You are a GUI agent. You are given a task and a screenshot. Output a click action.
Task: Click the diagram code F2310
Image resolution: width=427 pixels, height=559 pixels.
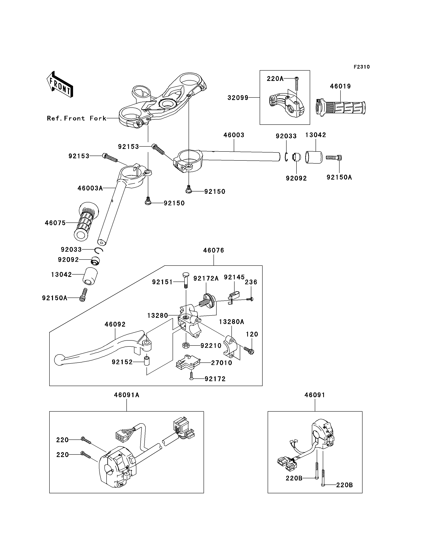point(362,67)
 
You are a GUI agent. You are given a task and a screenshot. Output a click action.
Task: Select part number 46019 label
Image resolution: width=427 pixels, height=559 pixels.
point(340,86)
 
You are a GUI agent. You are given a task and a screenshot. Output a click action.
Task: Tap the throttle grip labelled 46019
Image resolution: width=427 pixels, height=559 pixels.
point(341,108)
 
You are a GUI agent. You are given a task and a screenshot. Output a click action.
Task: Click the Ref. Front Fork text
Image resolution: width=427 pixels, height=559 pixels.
point(77,118)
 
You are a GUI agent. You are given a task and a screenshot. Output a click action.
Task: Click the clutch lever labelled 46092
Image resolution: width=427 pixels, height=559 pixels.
point(103,348)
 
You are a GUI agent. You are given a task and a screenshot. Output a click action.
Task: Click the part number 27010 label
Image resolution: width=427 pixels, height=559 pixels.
point(222,363)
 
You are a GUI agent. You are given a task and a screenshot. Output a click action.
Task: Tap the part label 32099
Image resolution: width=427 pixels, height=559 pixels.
point(238,98)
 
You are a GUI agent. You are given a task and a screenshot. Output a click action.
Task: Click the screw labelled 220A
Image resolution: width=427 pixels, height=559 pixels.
point(296,84)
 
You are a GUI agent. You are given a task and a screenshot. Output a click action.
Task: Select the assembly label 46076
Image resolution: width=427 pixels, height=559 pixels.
point(213,250)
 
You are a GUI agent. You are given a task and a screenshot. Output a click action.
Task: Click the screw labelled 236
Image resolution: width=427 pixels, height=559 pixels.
point(250,299)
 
